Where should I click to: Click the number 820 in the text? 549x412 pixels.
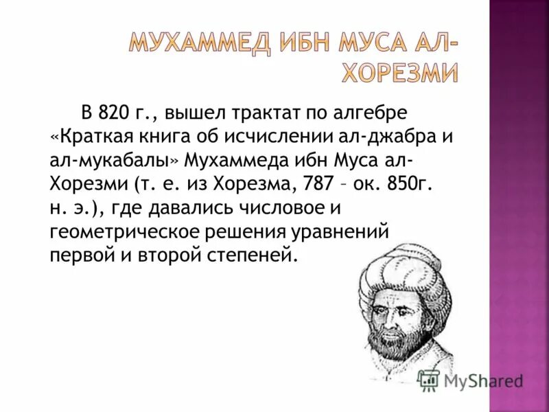click(113, 112)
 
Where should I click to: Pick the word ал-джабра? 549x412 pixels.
click(382, 136)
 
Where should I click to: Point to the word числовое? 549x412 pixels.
click(300, 207)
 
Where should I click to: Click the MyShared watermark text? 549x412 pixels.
click(483, 381)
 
